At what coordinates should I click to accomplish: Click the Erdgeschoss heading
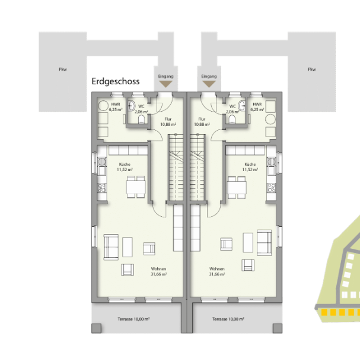point(116,81)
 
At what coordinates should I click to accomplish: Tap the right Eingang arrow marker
point(209,86)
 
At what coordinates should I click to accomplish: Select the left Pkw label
point(62,69)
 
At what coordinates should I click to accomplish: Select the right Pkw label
point(311,69)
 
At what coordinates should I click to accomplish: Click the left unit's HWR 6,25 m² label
point(115,107)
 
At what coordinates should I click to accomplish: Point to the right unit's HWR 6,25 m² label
point(257,107)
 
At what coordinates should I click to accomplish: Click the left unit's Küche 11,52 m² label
point(125,167)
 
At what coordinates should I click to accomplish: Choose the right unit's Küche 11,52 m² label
point(250,167)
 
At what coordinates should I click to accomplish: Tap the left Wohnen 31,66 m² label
point(158,271)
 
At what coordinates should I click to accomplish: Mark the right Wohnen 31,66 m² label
point(216,271)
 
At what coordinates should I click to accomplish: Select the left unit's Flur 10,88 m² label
point(168,122)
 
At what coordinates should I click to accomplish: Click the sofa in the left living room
point(111,246)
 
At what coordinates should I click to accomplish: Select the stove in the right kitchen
point(272,188)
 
